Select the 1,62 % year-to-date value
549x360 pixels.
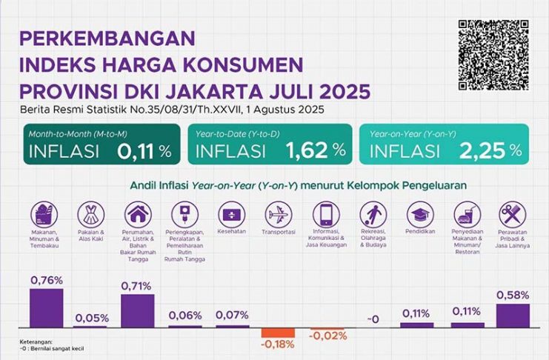(316, 151)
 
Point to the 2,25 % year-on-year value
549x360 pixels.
(490, 151)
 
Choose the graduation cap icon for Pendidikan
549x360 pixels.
(419, 215)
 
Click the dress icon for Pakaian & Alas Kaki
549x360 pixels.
(90, 215)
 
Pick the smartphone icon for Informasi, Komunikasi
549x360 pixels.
(325, 215)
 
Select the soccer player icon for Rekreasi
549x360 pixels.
(372, 215)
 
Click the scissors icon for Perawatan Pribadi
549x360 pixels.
(513, 215)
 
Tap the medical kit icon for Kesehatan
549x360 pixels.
(232, 215)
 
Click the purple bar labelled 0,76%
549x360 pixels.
(46, 308)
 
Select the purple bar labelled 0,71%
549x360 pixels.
(137, 310)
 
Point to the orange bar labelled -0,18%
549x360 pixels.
(278, 332)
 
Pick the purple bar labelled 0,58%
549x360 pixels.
(513, 315)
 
